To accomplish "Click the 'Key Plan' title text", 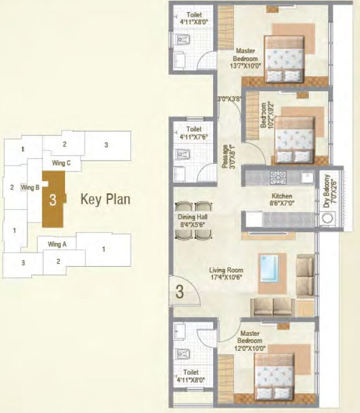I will click(105, 200).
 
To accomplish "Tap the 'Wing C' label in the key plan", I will click(61, 163).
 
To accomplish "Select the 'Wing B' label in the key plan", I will click(30, 188).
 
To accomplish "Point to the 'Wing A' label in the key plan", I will click(57, 244).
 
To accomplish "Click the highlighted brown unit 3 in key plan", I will click(53, 200).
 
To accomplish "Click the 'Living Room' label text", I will click(226, 271).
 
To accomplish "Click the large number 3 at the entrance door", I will click(179, 292).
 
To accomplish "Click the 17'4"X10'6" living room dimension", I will click(226, 278).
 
